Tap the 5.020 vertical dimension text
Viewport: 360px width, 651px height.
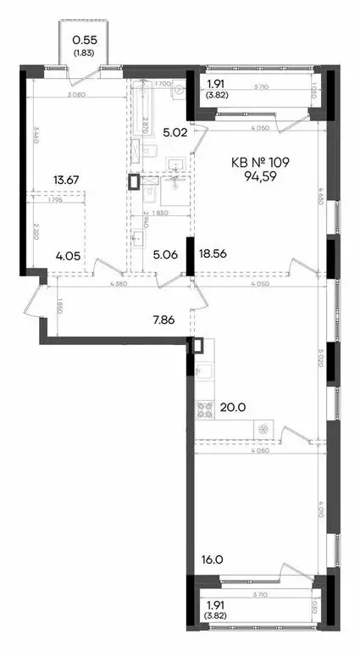pos(324,360)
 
